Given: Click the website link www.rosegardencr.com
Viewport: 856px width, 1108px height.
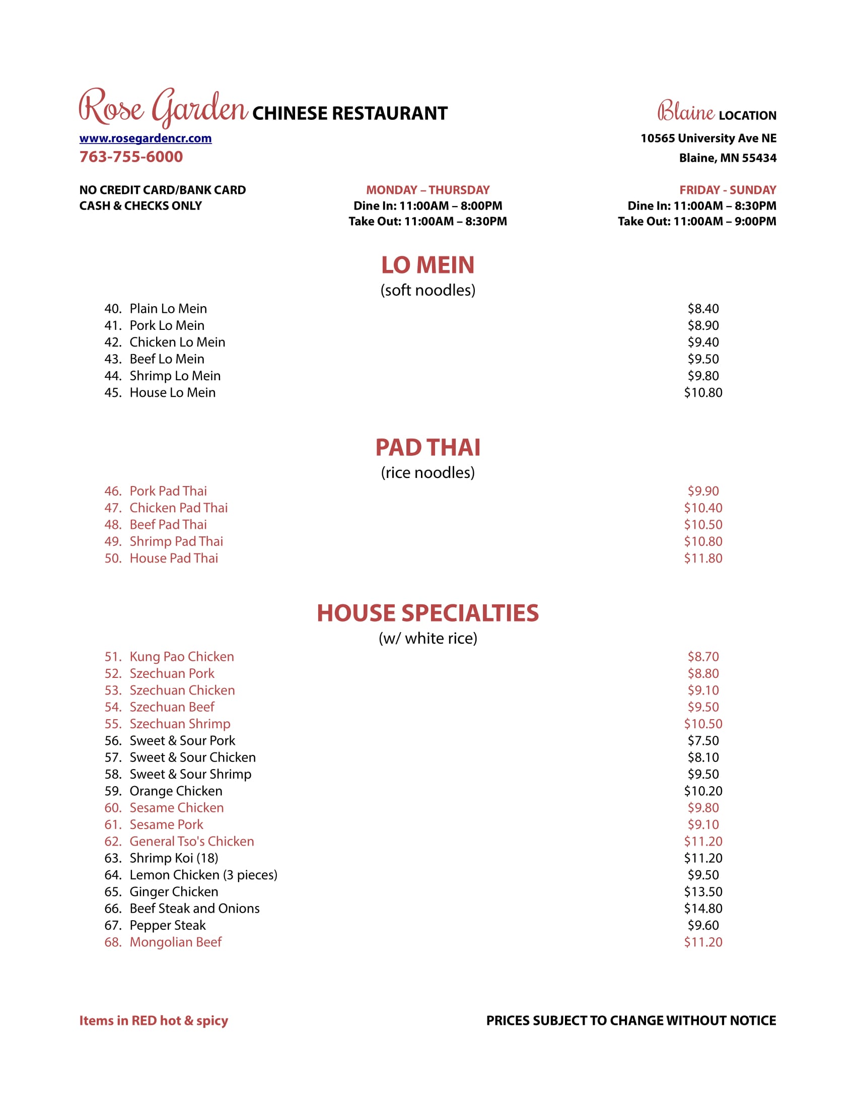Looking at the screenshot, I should tap(145, 138).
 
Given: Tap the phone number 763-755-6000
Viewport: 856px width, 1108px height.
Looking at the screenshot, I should tap(131, 157).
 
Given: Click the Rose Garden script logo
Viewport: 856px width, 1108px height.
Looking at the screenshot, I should tap(163, 108).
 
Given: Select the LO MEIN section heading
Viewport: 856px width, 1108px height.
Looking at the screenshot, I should tap(427, 265).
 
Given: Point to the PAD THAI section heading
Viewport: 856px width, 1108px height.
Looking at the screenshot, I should tap(427, 447).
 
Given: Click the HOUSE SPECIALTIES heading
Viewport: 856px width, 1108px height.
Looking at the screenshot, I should tap(427, 613).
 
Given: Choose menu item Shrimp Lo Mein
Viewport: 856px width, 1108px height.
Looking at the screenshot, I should tap(175, 376).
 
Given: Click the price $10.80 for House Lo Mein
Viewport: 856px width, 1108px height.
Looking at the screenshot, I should tap(703, 393).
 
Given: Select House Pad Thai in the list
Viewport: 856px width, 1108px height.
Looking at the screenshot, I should tap(173, 558).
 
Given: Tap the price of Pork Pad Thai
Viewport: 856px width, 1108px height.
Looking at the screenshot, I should tap(703, 491).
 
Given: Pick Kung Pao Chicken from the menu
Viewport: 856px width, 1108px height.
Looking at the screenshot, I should tap(182, 656).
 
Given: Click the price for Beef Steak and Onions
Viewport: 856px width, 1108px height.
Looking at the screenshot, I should tap(703, 908).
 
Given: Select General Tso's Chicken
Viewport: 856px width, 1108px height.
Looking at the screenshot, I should tap(192, 841).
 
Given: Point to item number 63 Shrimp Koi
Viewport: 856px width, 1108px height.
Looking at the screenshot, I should tap(173, 858).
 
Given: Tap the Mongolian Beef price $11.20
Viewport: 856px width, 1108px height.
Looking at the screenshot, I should tap(703, 942).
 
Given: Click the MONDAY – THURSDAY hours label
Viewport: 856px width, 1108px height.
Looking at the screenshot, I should tap(427, 190).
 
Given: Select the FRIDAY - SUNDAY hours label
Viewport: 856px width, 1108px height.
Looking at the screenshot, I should tap(727, 190).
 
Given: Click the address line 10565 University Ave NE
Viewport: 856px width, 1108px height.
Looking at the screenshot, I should tap(708, 138).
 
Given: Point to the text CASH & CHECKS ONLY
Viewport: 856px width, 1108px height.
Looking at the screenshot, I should tap(140, 206).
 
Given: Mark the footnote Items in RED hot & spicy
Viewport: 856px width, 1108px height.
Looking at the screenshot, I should tap(154, 1021).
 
